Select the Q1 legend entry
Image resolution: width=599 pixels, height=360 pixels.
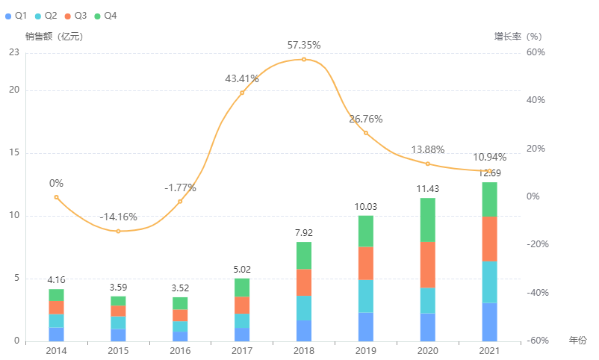(16, 16)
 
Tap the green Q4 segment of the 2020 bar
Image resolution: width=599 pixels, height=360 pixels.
(428, 220)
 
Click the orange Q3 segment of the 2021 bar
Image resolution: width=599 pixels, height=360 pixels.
(490, 238)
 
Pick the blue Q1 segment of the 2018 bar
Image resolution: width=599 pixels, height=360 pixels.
(304, 331)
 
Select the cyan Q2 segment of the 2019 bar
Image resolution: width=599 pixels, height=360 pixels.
(366, 297)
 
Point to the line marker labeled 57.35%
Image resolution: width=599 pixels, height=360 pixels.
(304, 59)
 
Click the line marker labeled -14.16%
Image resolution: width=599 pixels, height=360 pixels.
(118, 231)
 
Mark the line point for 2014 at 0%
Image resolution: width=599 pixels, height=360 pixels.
(56, 197)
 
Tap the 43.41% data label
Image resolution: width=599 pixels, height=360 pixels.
(242, 78)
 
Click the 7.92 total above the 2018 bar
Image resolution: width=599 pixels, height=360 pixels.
(304, 232)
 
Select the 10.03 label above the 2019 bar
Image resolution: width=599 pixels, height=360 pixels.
(366, 206)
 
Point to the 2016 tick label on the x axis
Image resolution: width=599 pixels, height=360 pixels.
(180, 351)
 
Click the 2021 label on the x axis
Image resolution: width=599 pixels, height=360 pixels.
(490, 351)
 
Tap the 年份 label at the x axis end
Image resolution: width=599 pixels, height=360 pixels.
(577, 341)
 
